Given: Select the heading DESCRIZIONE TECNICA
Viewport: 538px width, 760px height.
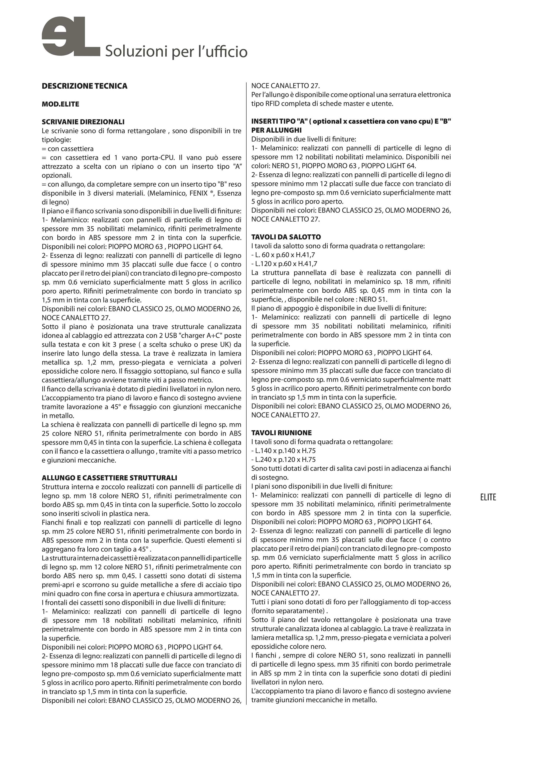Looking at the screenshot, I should pos(85,86).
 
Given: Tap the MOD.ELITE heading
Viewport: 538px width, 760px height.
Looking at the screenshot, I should pos(60,104).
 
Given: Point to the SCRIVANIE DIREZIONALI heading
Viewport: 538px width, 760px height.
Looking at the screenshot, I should pos(83,122).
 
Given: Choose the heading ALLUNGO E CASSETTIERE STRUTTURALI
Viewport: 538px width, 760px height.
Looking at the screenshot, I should pos(109,478).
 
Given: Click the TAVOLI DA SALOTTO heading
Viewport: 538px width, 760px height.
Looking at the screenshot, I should pos(286,237).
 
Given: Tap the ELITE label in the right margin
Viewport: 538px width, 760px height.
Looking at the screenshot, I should pos(488,497).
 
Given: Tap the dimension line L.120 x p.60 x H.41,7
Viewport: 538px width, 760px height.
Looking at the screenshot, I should pos(284,264).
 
